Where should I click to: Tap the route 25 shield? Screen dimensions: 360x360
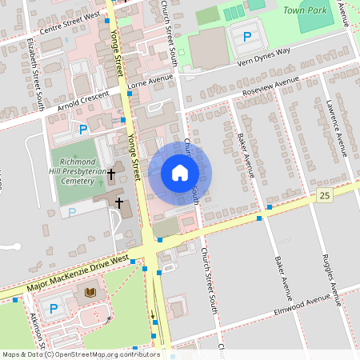pyautogui.click(x=324, y=196)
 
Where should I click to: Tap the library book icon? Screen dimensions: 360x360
pyautogui.click(x=89, y=293)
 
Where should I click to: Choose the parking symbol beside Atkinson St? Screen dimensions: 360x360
pyautogui.click(x=54, y=308)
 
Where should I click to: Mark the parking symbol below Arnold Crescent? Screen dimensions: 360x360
pyautogui.click(x=82, y=129)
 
